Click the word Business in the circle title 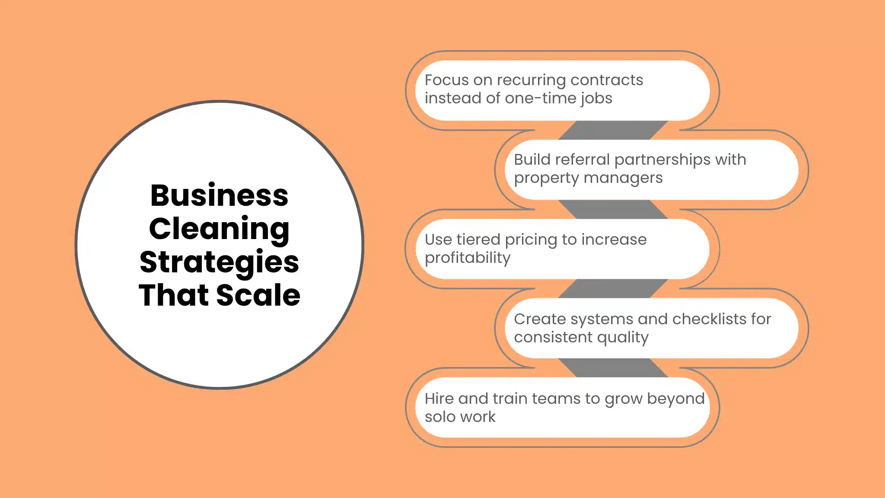[219, 195]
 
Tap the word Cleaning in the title [219, 229]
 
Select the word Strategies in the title [219, 262]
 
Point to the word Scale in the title [258, 295]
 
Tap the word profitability [468, 258]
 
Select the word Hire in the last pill [439, 399]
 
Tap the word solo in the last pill [440, 417]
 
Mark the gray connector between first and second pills [613, 130]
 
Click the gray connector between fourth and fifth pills [613, 368]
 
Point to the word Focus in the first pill [446, 80]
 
